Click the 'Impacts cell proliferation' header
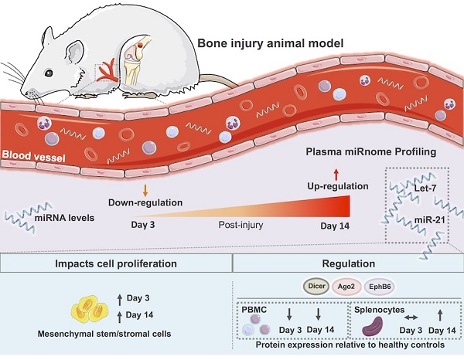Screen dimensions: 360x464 tap(116, 263)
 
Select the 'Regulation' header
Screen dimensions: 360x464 tap(346, 263)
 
